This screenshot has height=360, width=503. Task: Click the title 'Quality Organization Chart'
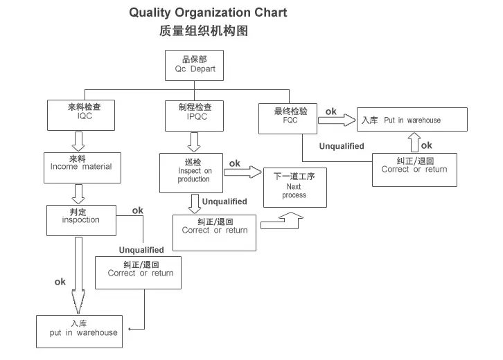[208, 12]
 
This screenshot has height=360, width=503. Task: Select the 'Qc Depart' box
[194, 65]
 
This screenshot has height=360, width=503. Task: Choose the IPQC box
[195, 115]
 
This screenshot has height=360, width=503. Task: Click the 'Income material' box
[80, 167]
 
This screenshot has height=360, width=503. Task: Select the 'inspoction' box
[80, 220]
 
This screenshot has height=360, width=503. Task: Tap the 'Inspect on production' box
[191, 172]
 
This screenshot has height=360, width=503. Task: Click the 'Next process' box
[294, 188]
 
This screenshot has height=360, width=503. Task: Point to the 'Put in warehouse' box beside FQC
[412, 120]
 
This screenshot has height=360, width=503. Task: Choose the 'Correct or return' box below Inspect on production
[214, 232]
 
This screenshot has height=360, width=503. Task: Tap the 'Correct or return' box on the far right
[414, 170]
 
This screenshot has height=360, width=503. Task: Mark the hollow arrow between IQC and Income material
[78, 141]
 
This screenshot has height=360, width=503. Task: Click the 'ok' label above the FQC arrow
[330, 111]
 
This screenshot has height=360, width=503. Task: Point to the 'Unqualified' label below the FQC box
[342, 146]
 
